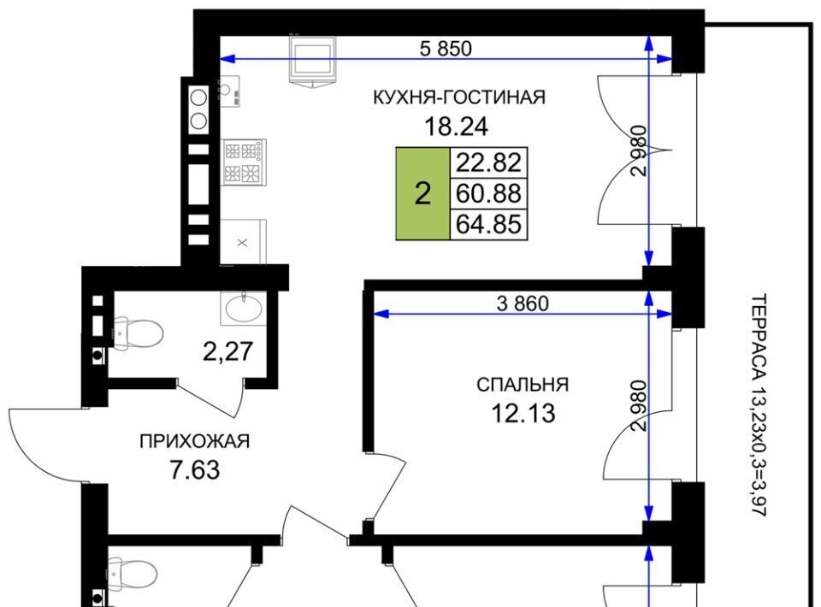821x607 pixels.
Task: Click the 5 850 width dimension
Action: [446, 49]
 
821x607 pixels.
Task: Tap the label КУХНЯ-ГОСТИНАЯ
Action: [458, 97]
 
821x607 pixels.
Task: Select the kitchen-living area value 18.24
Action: [456, 127]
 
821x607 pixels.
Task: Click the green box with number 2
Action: [422, 193]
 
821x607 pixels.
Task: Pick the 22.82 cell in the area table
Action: [488, 162]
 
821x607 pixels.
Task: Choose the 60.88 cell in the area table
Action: [488, 193]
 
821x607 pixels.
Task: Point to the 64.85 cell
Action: [488, 225]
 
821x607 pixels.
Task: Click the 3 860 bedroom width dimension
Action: [523, 303]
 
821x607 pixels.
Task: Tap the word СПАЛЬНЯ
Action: [522, 385]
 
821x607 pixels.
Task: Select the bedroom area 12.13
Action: [523, 414]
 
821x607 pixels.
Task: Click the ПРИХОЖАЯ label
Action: [194, 441]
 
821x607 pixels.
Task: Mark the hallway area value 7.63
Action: [194, 469]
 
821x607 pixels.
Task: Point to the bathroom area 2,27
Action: [227, 351]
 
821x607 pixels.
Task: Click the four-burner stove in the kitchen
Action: [244, 162]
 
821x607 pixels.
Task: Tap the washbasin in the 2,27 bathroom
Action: [243, 309]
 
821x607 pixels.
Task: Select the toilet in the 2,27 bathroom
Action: [137, 332]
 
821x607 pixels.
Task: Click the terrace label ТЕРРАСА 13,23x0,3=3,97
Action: [759, 405]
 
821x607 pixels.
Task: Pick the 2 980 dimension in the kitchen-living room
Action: [640, 150]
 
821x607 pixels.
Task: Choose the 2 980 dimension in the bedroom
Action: [640, 405]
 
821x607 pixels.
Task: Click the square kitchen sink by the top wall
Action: [312, 59]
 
